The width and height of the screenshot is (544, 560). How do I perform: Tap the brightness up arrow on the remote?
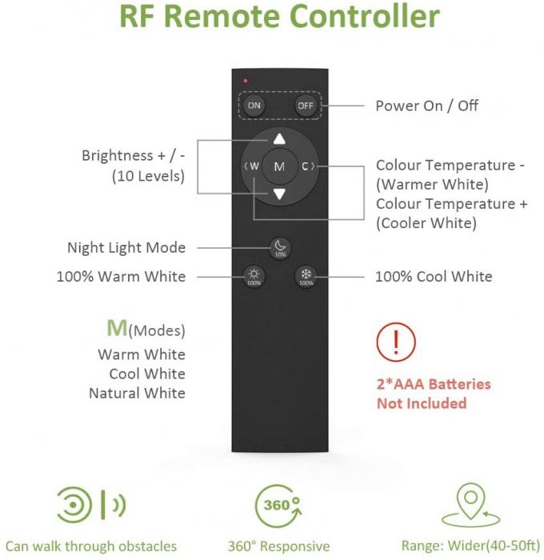[x=279, y=139]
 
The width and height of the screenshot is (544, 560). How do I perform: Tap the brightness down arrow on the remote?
[x=279, y=194]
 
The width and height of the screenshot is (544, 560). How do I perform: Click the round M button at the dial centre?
[x=279, y=166]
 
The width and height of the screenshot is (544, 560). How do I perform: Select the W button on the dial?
[x=254, y=166]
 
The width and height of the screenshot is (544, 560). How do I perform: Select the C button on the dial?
[x=306, y=166]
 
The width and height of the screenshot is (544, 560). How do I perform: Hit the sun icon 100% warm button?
[x=254, y=276]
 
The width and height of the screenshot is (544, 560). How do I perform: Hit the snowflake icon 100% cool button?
[x=306, y=276]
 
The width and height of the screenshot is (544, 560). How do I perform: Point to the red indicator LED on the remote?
[x=246, y=81]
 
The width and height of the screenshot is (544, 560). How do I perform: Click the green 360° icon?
[x=278, y=505]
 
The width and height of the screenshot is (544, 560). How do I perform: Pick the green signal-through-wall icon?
[x=90, y=505]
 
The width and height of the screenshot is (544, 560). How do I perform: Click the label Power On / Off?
[x=426, y=106]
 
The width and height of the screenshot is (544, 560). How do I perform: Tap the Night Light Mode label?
[x=126, y=248]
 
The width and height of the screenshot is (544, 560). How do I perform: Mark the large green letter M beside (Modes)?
[x=117, y=328]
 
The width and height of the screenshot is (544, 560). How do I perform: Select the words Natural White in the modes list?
[x=137, y=393]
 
